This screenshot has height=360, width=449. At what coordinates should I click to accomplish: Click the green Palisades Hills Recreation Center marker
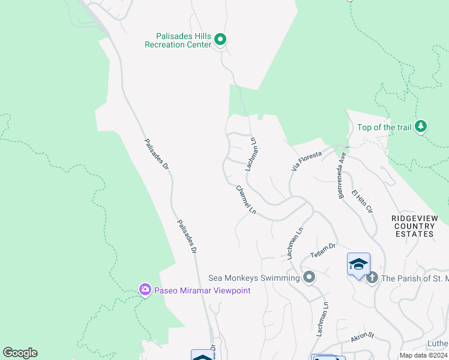pyautogui.click(x=220, y=40)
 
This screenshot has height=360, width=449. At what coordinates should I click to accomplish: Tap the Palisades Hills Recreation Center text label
pyautogui.click(x=178, y=40)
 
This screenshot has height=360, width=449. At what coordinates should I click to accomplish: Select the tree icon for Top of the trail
pyautogui.click(x=421, y=126)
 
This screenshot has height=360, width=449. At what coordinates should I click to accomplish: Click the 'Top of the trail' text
pyautogui.click(x=384, y=127)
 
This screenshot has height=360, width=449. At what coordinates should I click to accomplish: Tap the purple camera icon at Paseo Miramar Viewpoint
pyautogui.click(x=145, y=290)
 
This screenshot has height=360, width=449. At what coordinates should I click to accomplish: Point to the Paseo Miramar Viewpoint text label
pyautogui.click(x=202, y=291)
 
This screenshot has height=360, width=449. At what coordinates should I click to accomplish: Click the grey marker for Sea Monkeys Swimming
pyautogui.click(x=309, y=277)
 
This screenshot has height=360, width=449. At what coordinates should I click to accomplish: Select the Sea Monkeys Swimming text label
pyautogui.click(x=253, y=278)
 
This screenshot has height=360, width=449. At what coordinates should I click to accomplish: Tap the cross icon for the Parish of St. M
pyautogui.click(x=372, y=277)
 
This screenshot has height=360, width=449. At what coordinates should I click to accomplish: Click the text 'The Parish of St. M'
pyautogui.click(x=415, y=278)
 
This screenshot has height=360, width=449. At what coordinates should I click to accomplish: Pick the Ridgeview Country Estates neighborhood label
pyautogui.click(x=414, y=226)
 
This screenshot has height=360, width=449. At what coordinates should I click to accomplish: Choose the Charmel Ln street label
pyautogui.click(x=246, y=200)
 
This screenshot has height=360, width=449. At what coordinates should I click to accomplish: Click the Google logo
pyautogui.click(x=20, y=353)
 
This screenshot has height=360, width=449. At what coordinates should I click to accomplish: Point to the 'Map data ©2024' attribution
pyautogui.click(x=423, y=355)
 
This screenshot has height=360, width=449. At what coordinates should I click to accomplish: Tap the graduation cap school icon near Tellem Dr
pyautogui.click(x=358, y=264)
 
